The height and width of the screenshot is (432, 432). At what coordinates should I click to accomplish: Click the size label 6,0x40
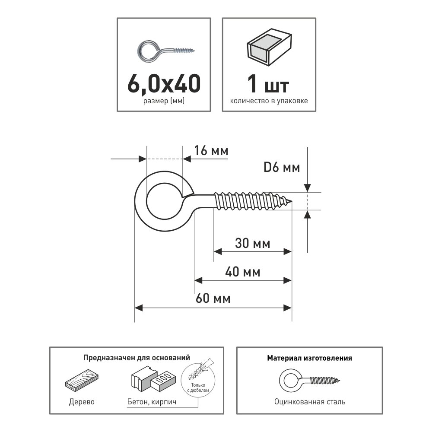164,84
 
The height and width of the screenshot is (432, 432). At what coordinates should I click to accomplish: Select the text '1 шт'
268,84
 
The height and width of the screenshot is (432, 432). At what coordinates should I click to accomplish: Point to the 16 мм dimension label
211,151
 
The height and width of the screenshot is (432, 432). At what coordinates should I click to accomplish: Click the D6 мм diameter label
282,168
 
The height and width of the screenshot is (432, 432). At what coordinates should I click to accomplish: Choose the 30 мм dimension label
253,243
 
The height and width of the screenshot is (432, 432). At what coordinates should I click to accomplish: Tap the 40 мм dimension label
243,272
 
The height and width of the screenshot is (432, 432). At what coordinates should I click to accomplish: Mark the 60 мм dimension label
213,299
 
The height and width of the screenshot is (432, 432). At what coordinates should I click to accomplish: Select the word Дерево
82,402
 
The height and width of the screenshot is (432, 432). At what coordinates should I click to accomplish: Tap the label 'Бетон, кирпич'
152,402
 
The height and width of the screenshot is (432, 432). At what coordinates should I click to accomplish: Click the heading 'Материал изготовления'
310,358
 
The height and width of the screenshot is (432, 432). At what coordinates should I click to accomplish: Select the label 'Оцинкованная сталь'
310,402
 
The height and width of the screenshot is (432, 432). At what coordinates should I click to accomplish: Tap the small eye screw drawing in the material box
309,381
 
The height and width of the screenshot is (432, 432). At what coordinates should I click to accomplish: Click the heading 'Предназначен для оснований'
137,358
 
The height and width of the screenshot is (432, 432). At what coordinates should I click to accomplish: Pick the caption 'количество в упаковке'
269,101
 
